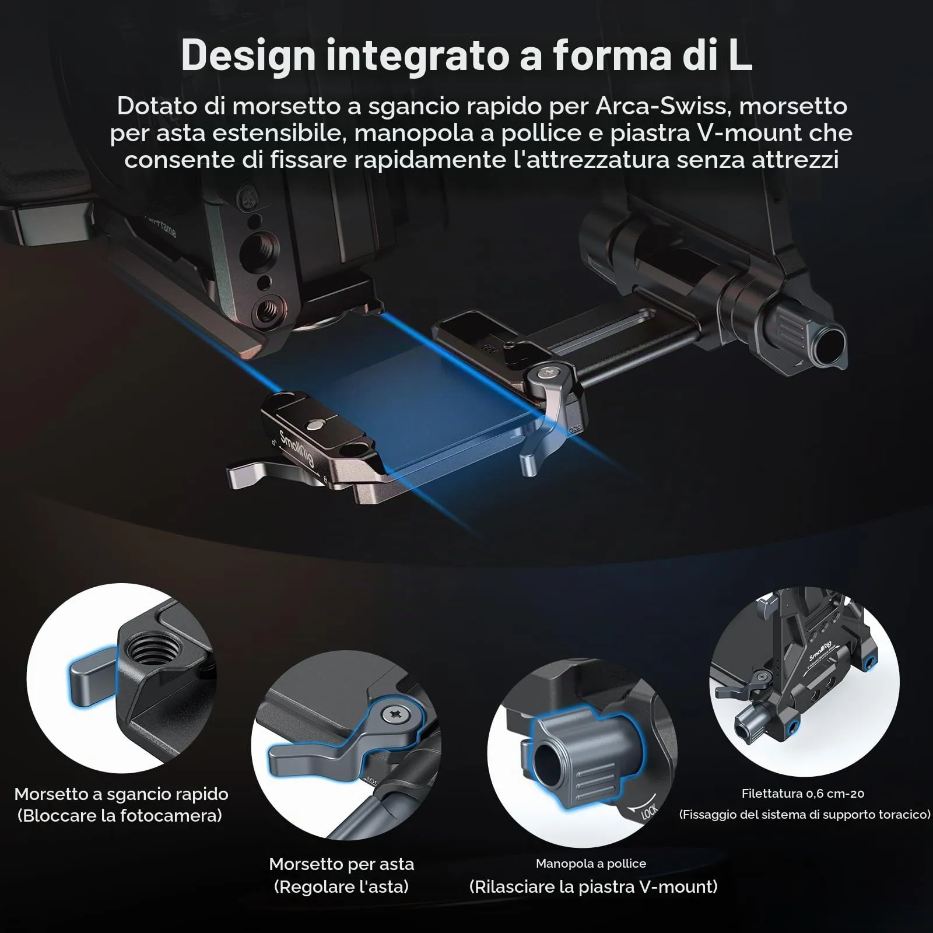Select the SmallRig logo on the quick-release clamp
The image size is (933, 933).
coord(297,448)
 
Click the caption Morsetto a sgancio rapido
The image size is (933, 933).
coord(121,794)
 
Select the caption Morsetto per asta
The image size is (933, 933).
coord(342,864)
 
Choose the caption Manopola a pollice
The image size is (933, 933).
coord(591,863)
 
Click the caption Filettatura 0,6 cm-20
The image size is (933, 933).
coord(803,793)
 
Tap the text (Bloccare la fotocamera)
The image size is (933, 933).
coord(120,815)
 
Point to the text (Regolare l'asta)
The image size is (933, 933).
coord(341,887)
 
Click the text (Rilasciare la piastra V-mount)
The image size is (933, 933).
coord(593,886)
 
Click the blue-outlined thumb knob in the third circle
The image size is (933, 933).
coord(589,758)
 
